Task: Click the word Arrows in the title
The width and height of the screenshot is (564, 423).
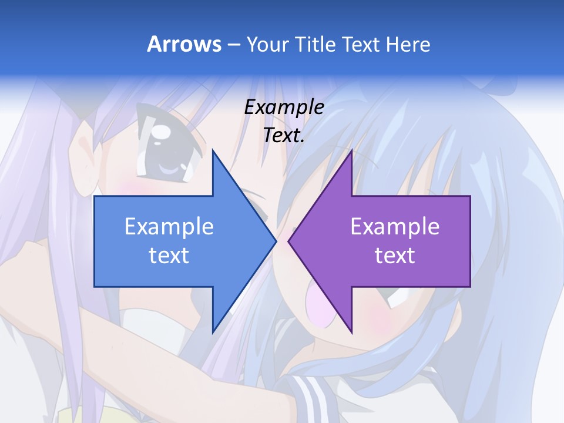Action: [184, 44]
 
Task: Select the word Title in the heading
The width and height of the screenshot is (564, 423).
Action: [315, 44]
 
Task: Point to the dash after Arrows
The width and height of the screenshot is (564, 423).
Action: [233, 45]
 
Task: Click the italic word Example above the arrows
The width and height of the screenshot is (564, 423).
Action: [284, 107]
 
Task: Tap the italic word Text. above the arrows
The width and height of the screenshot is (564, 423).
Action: [284, 135]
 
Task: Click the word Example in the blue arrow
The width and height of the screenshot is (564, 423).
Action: [169, 226]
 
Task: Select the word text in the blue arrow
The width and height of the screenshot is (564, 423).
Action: [169, 256]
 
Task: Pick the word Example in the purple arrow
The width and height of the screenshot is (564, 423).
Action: [395, 226]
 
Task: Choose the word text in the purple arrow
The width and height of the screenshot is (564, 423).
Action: [395, 256]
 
